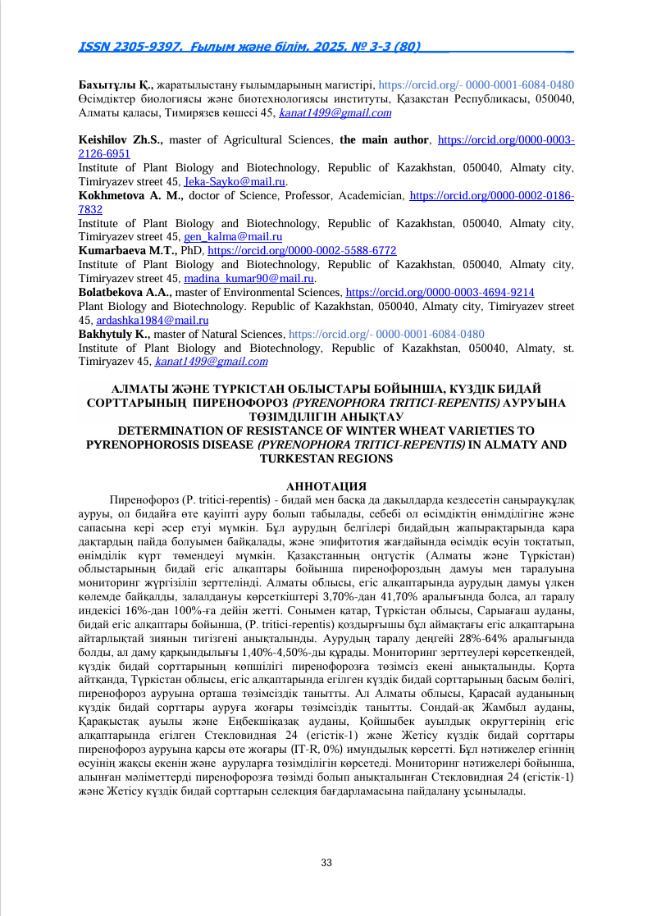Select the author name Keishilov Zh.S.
(x=121, y=140)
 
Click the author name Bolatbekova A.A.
(x=125, y=292)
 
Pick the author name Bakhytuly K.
(x=113, y=334)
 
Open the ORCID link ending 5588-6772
(x=302, y=250)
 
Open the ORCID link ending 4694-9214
(x=440, y=292)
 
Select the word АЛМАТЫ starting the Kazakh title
(x=137, y=389)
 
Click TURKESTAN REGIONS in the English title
(x=326, y=458)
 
